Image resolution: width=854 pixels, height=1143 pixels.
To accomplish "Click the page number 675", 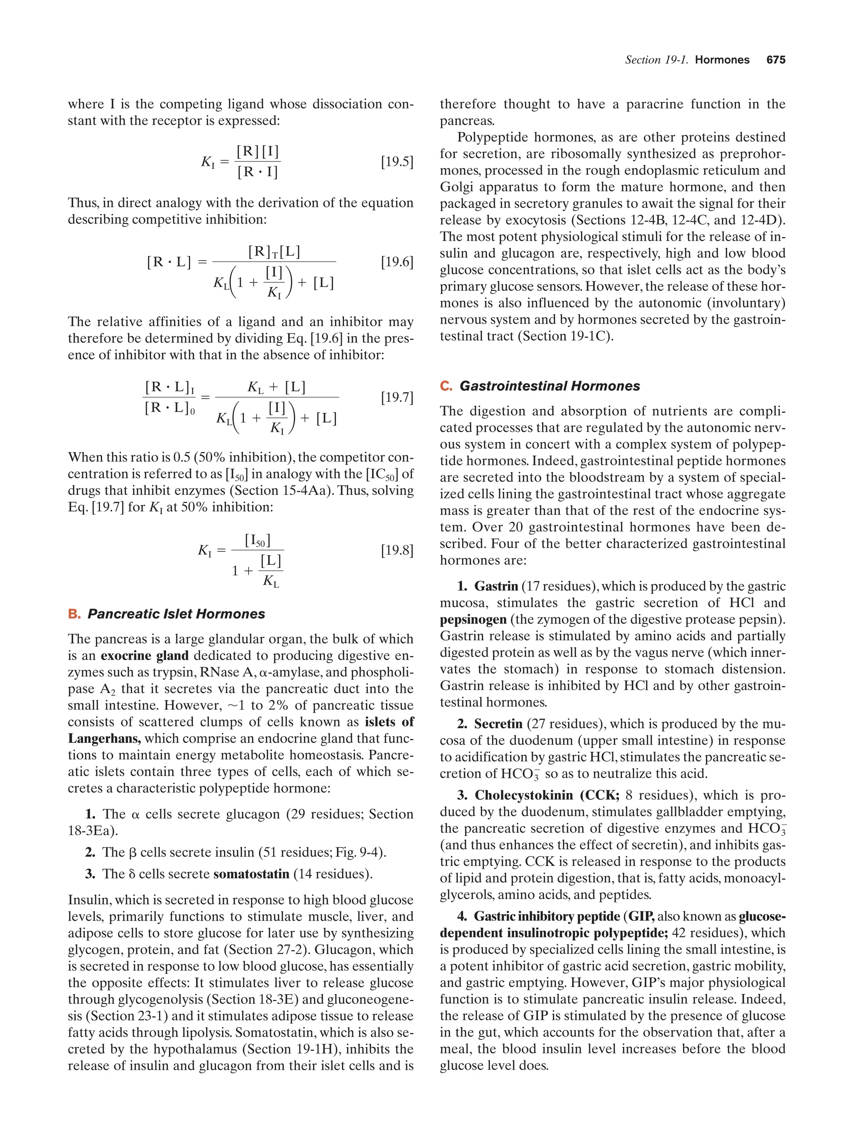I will click(776, 60).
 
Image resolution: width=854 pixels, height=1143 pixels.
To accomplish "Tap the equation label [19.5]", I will click(397, 162).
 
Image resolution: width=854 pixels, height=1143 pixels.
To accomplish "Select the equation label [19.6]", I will click(397, 262).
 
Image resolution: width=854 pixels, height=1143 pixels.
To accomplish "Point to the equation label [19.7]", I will click(397, 397).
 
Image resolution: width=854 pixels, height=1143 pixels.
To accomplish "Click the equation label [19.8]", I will click(397, 550).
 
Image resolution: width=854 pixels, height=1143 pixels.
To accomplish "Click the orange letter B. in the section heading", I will click(74, 614).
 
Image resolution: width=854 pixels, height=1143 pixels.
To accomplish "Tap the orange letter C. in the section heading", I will click(446, 386).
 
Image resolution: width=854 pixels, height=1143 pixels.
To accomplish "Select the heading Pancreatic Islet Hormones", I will click(176, 614).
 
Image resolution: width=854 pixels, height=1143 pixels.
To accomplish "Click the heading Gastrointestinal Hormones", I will click(550, 386).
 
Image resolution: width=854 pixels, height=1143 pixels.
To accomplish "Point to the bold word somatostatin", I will click(251, 874).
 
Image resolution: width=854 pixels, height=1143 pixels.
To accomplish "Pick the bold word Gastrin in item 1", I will click(496, 586).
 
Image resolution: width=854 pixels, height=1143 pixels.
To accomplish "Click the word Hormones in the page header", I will click(722, 60).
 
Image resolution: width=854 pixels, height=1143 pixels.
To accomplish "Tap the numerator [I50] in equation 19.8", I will click(258, 540).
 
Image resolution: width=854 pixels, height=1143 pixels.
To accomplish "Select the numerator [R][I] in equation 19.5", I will click(258, 151).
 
